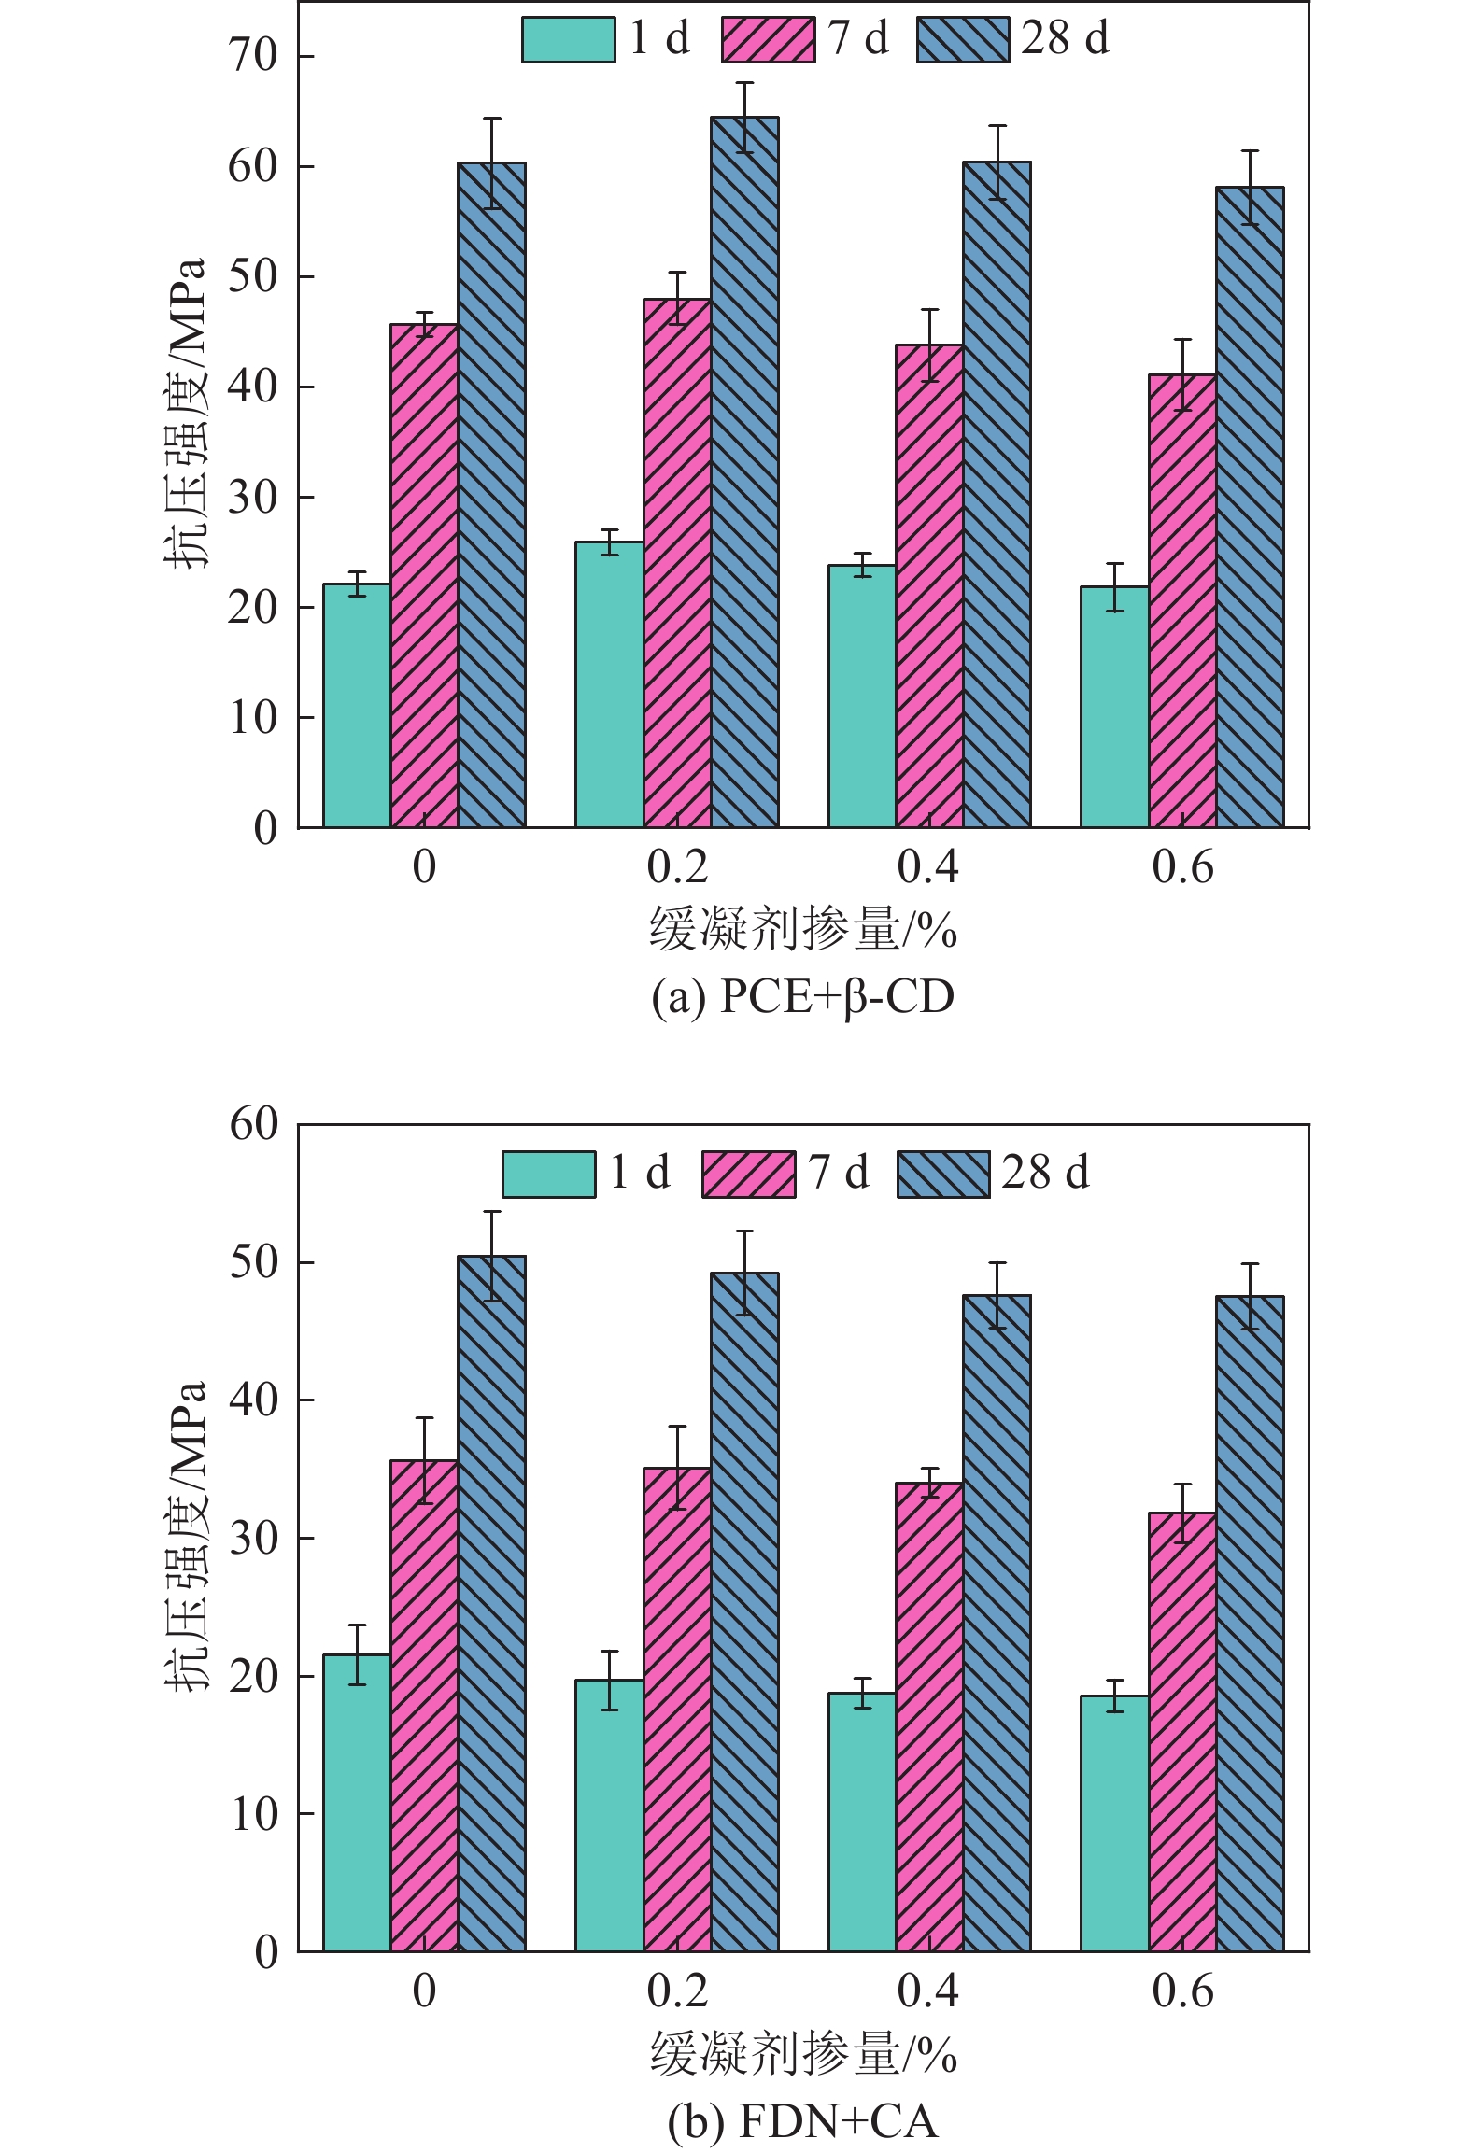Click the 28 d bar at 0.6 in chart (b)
[x=1250, y=1624]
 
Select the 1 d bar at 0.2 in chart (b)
[x=609, y=1816]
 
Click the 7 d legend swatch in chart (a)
[x=768, y=40]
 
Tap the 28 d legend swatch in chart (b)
[x=943, y=1174]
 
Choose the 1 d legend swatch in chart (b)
[x=548, y=1174]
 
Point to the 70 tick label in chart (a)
[x=253, y=56]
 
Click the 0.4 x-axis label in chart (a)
[x=928, y=868]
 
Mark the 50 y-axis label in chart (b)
[x=254, y=1262]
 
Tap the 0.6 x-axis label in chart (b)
[x=1182, y=1992]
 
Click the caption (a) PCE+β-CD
[x=802, y=997]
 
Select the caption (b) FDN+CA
[x=802, y=2121]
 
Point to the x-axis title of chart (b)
[x=803, y=2054]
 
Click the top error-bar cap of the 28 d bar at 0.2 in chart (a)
[x=744, y=83]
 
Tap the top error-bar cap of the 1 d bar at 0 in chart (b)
[x=357, y=1625]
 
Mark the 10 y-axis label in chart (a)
[x=253, y=717]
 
